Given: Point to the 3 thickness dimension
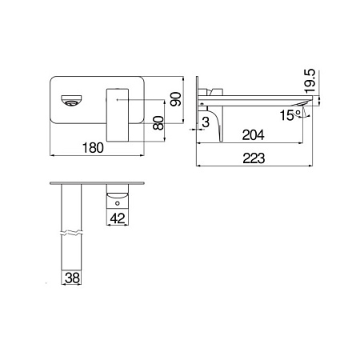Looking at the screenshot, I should coord(206,122).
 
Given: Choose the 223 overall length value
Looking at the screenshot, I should coord(254,158).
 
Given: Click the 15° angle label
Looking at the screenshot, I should coord(290,115).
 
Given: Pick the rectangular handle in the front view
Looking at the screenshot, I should coord(118,107).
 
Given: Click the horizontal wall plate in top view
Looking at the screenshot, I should coord(96,182).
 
